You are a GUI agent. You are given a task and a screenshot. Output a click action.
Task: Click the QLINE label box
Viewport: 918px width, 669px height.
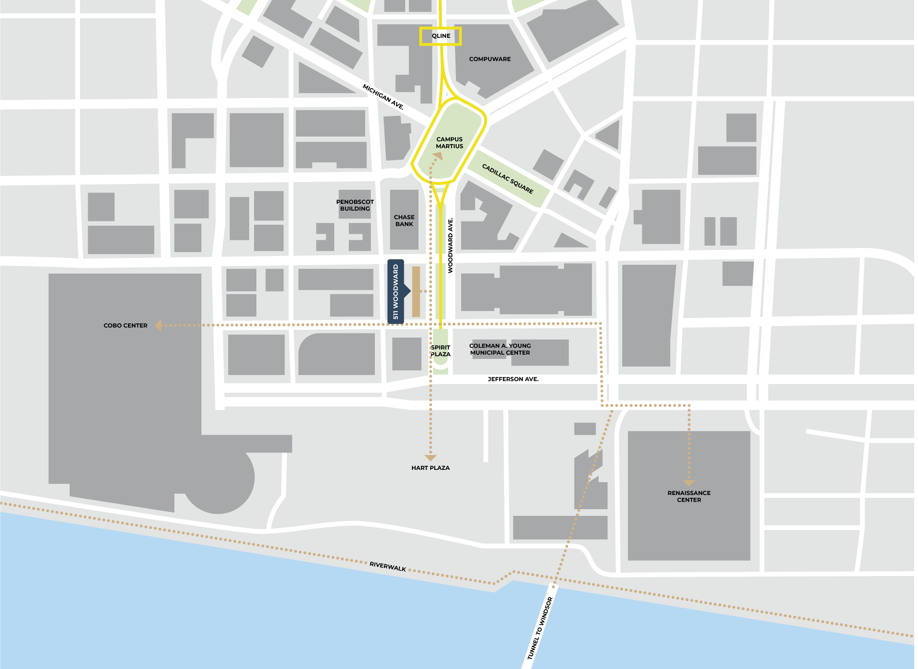click(x=440, y=36)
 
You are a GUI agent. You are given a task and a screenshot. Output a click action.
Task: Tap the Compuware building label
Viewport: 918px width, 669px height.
click(x=490, y=59)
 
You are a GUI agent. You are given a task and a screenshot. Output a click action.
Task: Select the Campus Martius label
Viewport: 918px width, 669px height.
click(x=449, y=143)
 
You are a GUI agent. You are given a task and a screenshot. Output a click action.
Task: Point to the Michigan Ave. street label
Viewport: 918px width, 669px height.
click(x=383, y=97)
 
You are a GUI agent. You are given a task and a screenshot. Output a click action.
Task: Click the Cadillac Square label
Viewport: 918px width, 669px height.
click(x=508, y=179)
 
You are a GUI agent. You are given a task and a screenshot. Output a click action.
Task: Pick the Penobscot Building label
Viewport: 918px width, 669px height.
click(x=355, y=205)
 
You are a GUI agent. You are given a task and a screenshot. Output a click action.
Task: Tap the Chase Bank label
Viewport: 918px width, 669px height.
click(x=404, y=220)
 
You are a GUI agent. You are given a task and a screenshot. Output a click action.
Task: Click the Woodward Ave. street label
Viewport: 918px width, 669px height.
click(x=451, y=245)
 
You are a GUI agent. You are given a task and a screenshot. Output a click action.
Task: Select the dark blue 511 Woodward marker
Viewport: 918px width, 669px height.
click(x=396, y=292)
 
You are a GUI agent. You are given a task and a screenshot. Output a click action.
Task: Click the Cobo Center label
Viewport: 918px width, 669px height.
click(x=126, y=326)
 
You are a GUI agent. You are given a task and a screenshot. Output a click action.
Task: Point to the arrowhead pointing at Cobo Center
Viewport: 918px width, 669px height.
click(x=159, y=325)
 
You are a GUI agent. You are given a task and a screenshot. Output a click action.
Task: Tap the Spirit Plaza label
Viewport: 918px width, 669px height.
click(x=441, y=351)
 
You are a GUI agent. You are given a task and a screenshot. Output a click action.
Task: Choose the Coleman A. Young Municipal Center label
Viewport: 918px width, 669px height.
click(x=500, y=349)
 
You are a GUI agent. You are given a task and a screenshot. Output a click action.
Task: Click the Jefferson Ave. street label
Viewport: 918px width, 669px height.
click(x=513, y=379)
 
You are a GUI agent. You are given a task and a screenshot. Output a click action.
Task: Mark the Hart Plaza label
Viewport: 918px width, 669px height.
click(x=430, y=468)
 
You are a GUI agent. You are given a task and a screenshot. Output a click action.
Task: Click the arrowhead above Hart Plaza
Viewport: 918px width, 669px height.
click(x=430, y=458)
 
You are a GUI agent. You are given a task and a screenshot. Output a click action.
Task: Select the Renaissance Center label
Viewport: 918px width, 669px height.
click(x=689, y=496)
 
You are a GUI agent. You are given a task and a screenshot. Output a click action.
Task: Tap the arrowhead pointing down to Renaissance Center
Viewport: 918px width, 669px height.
click(x=689, y=483)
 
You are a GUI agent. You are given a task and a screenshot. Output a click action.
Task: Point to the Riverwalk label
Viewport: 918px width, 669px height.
click(x=388, y=567)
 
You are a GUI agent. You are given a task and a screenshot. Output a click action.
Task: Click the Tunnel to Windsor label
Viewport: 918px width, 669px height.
click(x=540, y=628)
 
